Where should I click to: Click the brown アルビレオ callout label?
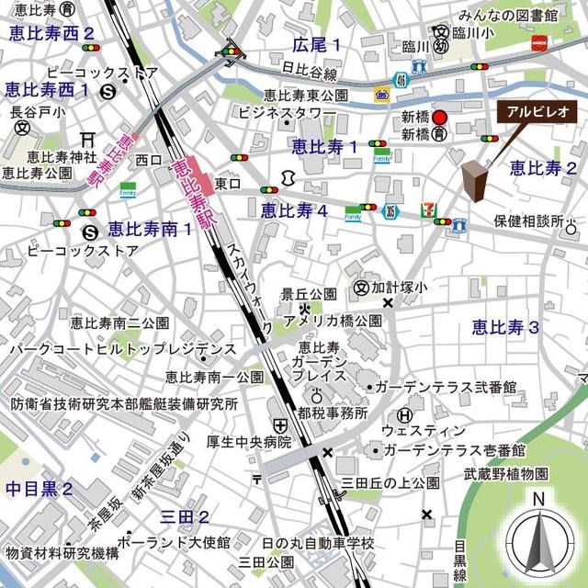(537, 110)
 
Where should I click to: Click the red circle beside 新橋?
(439, 118)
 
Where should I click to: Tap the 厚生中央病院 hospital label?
(248, 442)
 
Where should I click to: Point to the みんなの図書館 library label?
(509, 16)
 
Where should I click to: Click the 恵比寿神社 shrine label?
(46, 156)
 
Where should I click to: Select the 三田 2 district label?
(184, 516)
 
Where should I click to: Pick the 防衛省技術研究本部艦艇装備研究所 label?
(124, 403)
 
